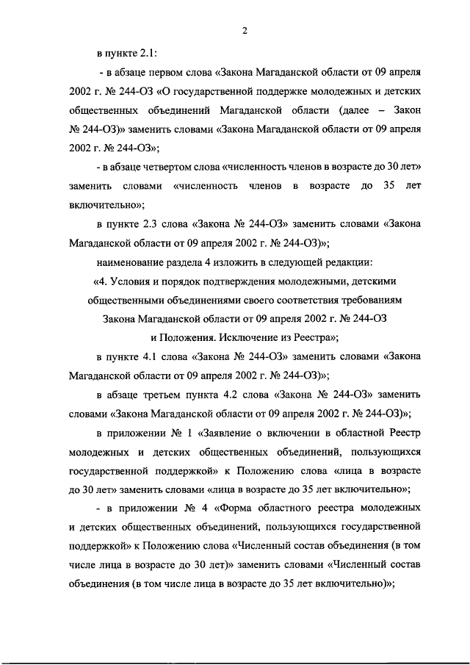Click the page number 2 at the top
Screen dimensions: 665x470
coord(243,30)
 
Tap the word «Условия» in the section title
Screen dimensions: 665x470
coord(132,281)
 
